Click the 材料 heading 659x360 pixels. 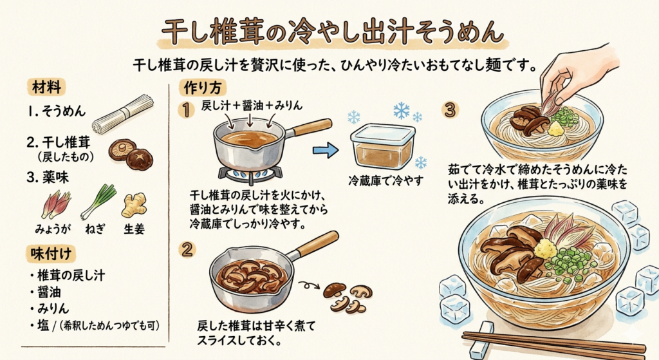(46, 88)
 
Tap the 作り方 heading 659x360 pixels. (203, 88)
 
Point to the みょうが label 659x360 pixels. (53, 229)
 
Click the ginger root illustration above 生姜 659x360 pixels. (135, 205)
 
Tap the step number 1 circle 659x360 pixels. (186, 110)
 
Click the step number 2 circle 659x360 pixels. (187, 249)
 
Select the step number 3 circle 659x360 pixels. (450, 110)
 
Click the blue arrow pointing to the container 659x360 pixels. (325, 150)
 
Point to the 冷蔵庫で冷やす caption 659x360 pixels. (386, 181)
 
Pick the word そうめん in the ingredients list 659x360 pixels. (64, 111)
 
